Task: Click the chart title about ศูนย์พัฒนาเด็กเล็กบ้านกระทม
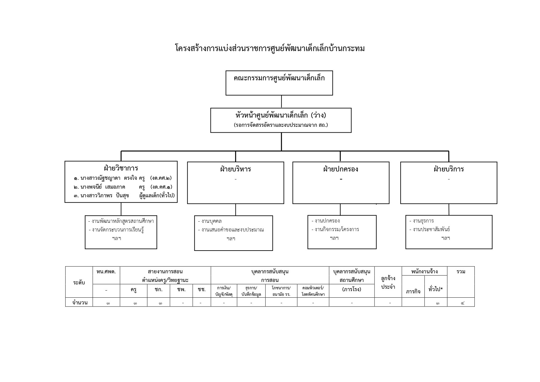pos(270,49)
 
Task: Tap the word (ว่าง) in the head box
pos(318,115)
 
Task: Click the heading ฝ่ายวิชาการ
pos(121,168)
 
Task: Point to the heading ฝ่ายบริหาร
pos(235,169)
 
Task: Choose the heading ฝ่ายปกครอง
pos(341,169)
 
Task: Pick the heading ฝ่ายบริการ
pos(449,169)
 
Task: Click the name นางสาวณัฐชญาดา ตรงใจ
pos(109,178)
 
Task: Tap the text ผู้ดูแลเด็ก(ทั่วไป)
pos(157,195)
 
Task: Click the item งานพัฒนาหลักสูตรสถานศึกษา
pos(123,221)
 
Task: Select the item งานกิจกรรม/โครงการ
pos(337,229)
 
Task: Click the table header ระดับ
pos(79,283)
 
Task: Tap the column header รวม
pos(461,271)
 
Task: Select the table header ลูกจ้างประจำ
pos(388,283)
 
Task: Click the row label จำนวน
pos(80,302)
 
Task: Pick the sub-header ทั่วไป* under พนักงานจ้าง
pos(436,289)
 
